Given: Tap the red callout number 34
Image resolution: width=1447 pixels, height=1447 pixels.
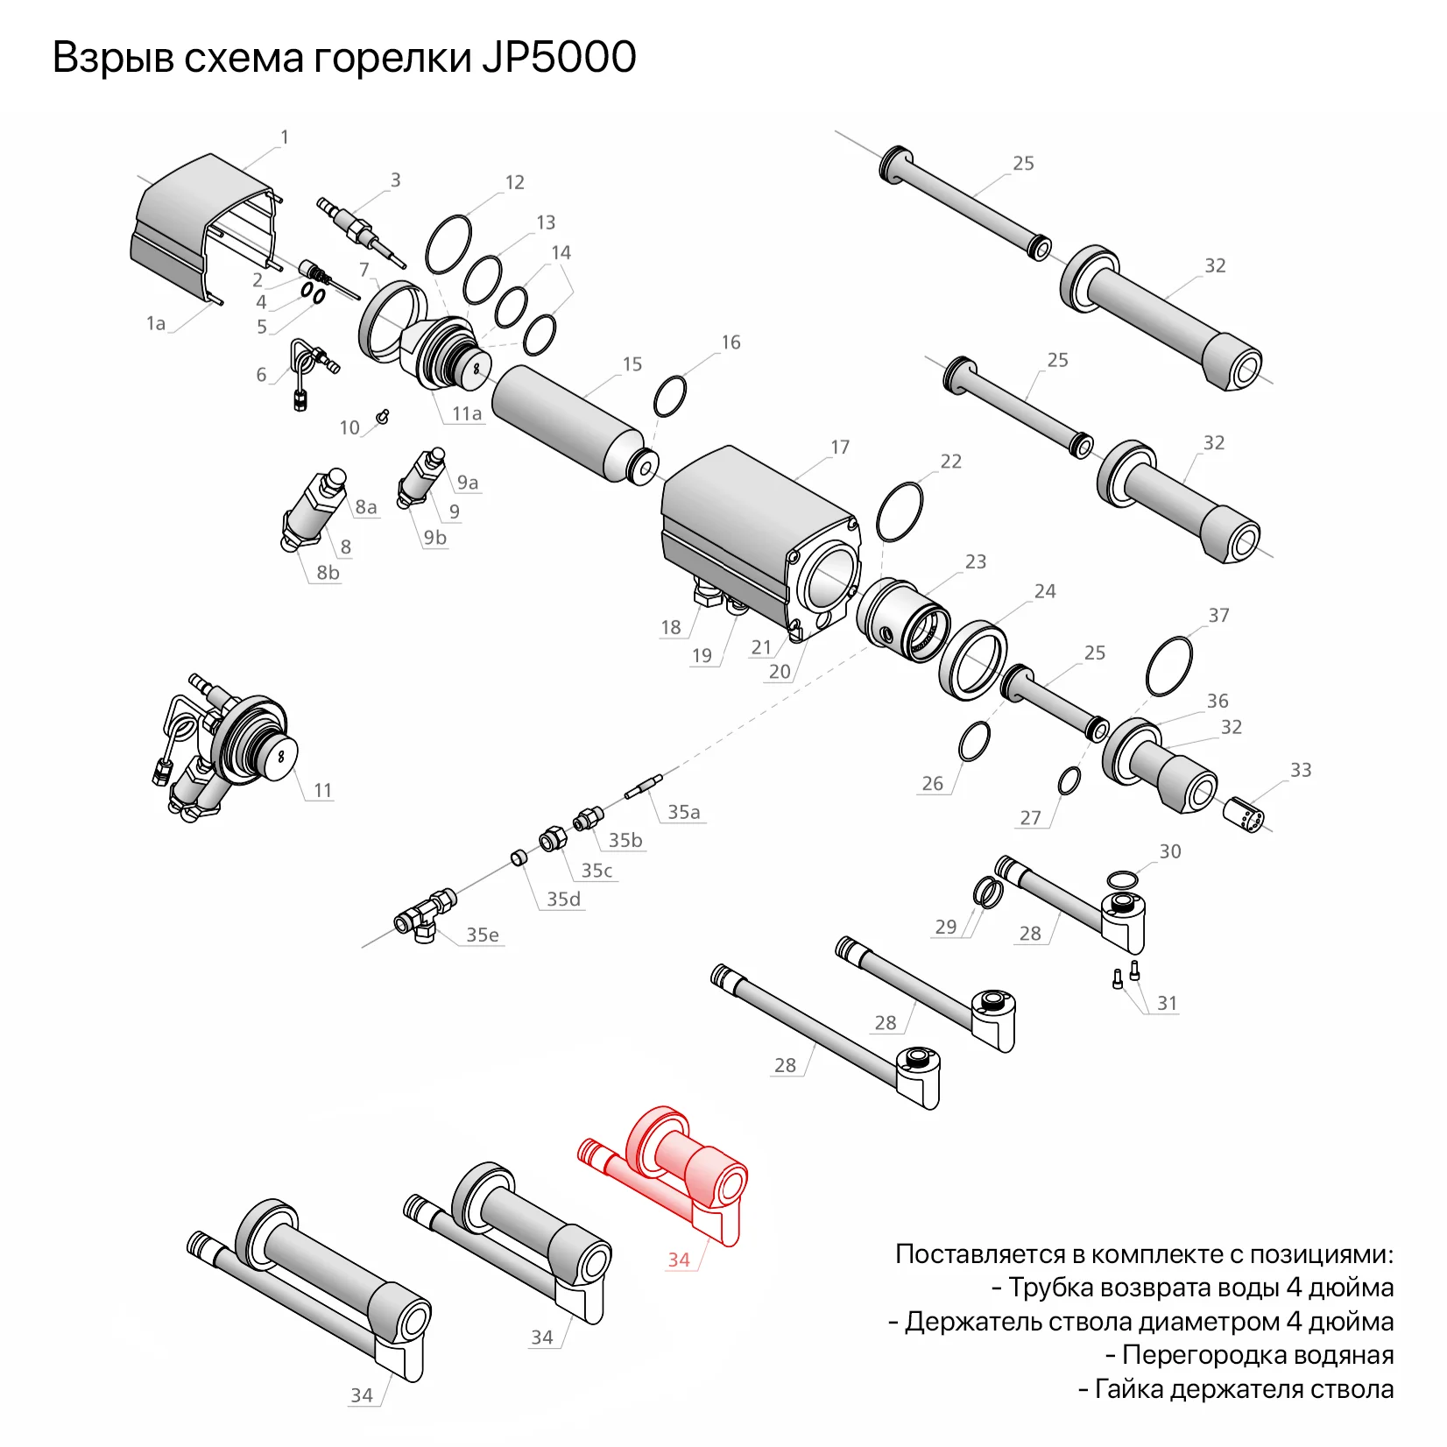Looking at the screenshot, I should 679,1260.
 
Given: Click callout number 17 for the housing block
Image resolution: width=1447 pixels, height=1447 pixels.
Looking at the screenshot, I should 839,448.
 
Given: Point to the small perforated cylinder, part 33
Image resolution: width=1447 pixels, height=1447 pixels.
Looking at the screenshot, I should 1244,815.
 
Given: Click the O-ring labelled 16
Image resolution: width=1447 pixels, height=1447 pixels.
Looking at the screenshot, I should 670,397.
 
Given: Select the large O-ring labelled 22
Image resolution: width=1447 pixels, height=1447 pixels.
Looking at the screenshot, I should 900,512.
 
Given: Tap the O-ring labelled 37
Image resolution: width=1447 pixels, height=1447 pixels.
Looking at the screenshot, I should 1168,666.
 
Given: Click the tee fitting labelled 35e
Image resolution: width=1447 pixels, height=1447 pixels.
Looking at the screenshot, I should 425,915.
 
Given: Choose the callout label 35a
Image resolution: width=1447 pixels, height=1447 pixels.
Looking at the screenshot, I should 683,812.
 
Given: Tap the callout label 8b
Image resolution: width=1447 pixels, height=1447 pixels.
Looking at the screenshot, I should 328,573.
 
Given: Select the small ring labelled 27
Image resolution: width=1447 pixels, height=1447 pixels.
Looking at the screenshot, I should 1069,780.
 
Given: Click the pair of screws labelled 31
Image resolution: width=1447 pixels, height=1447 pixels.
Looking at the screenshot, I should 1126,974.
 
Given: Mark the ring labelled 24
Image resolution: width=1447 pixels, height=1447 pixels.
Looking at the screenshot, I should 973,660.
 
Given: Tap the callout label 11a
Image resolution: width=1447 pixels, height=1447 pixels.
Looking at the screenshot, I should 466,413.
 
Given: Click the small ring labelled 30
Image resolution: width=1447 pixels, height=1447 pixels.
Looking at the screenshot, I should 1122,879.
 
